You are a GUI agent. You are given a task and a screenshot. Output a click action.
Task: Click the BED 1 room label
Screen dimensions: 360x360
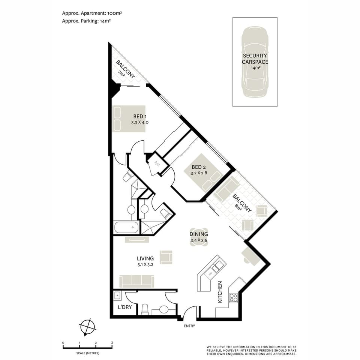139,117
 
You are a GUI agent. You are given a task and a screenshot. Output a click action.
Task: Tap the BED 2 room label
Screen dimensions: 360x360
199,167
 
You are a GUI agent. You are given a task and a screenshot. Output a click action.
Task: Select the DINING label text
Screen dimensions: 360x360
199,234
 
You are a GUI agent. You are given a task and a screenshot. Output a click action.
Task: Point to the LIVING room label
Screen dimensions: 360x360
145,258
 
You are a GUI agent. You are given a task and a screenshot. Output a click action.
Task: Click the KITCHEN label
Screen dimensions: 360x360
220,292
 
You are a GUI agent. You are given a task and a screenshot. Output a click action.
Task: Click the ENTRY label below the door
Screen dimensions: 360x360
189,326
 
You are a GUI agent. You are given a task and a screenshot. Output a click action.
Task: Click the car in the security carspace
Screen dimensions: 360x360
255,62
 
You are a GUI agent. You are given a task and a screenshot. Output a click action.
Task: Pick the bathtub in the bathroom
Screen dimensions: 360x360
126,227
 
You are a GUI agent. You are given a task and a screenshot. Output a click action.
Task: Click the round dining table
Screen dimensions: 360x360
199,238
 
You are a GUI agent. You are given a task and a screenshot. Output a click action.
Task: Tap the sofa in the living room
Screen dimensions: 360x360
136,281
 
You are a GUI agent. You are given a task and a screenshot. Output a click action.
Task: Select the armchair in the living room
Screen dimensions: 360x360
166,257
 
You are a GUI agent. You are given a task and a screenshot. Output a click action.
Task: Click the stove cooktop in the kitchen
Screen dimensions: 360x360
233,298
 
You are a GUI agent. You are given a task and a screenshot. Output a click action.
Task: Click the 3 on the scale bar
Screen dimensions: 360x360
112,343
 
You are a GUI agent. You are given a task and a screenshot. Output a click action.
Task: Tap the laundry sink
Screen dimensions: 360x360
117,295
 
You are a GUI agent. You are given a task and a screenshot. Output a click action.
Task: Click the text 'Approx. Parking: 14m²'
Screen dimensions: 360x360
86,21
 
